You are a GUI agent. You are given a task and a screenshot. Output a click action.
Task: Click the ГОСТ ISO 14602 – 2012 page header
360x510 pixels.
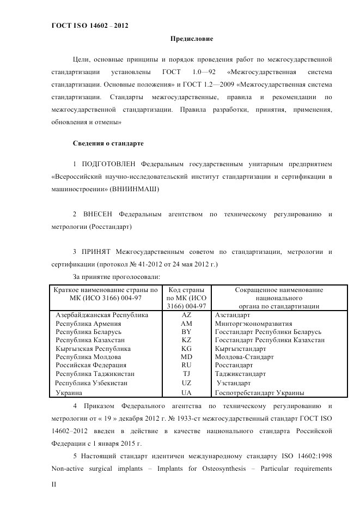click(89, 25)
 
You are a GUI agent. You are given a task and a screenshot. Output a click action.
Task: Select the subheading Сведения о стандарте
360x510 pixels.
click(108, 143)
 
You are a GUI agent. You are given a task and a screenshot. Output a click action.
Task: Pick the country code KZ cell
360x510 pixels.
click(186, 340)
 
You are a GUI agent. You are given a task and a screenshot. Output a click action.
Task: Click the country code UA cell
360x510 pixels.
click(186, 392)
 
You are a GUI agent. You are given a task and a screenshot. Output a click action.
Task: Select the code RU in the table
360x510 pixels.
click(186, 366)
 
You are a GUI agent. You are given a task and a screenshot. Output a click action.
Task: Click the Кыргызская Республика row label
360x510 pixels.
click(93, 349)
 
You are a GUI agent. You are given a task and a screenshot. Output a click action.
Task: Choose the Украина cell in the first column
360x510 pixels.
click(69, 392)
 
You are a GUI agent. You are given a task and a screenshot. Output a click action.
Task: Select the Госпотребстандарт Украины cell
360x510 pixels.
click(259, 392)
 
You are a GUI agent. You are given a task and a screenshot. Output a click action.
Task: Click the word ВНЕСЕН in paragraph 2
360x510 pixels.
click(98, 214)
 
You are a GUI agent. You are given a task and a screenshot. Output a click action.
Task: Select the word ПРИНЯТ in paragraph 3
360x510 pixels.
click(96, 252)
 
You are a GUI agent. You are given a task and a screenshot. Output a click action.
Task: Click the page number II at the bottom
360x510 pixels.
click(53, 484)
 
